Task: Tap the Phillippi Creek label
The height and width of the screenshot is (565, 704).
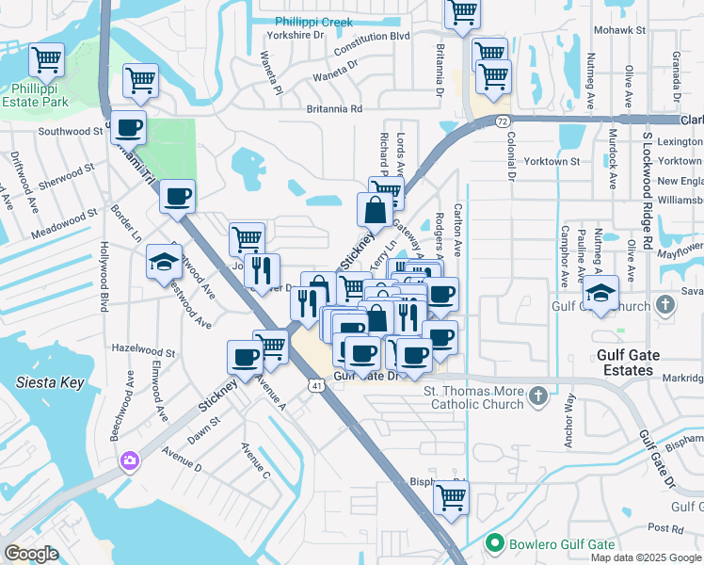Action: click(x=312, y=22)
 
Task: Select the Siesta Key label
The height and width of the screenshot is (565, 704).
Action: click(x=50, y=383)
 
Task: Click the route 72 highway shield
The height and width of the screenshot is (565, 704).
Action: click(x=504, y=121)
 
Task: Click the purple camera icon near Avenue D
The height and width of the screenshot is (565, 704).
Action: click(x=128, y=460)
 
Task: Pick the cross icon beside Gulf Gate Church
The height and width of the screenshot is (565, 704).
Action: click(x=666, y=305)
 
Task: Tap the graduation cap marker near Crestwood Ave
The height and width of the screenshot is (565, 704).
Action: click(x=164, y=262)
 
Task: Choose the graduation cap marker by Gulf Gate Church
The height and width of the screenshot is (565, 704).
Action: click(x=600, y=292)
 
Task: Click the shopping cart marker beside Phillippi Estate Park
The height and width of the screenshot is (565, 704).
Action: click(x=46, y=60)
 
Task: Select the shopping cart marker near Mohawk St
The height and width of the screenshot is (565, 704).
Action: click(x=462, y=12)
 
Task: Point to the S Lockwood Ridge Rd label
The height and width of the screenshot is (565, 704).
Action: click(x=648, y=192)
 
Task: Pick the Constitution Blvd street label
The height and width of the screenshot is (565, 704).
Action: click(x=373, y=36)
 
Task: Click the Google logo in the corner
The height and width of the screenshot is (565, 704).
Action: click(x=32, y=554)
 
